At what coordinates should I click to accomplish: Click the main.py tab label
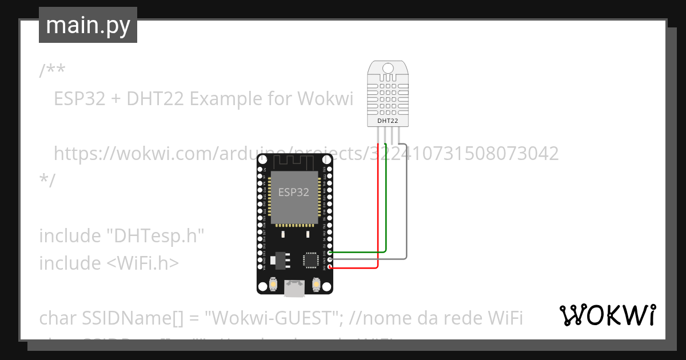pos(88,25)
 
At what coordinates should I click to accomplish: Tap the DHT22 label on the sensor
pos(388,121)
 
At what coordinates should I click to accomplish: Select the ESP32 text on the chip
pos(293,193)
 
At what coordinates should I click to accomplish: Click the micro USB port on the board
pos(294,289)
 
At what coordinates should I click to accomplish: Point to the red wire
pos(378,217)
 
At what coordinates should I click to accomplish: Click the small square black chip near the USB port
pos(310,260)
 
